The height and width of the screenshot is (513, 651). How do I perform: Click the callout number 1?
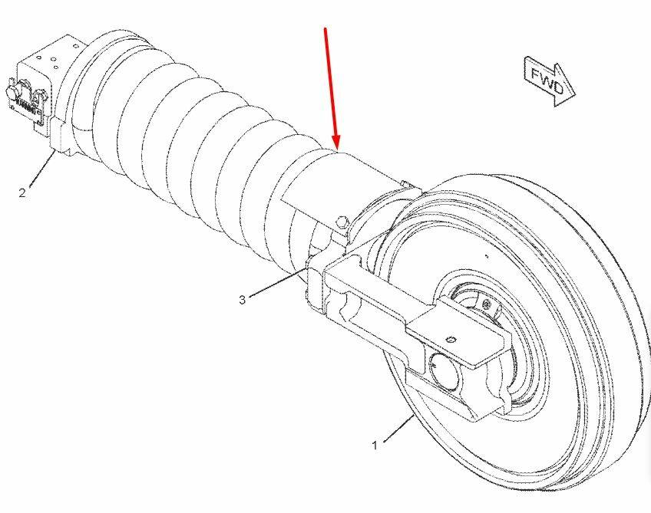coord(375,445)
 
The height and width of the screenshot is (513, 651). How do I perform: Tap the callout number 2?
coord(22,192)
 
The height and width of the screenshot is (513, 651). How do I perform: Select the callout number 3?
coord(243,299)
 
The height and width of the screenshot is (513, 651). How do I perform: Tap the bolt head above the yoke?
coord(342,223)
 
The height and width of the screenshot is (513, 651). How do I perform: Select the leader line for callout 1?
coord(398,429)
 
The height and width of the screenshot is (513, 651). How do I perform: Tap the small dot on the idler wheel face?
coord(487,256)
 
